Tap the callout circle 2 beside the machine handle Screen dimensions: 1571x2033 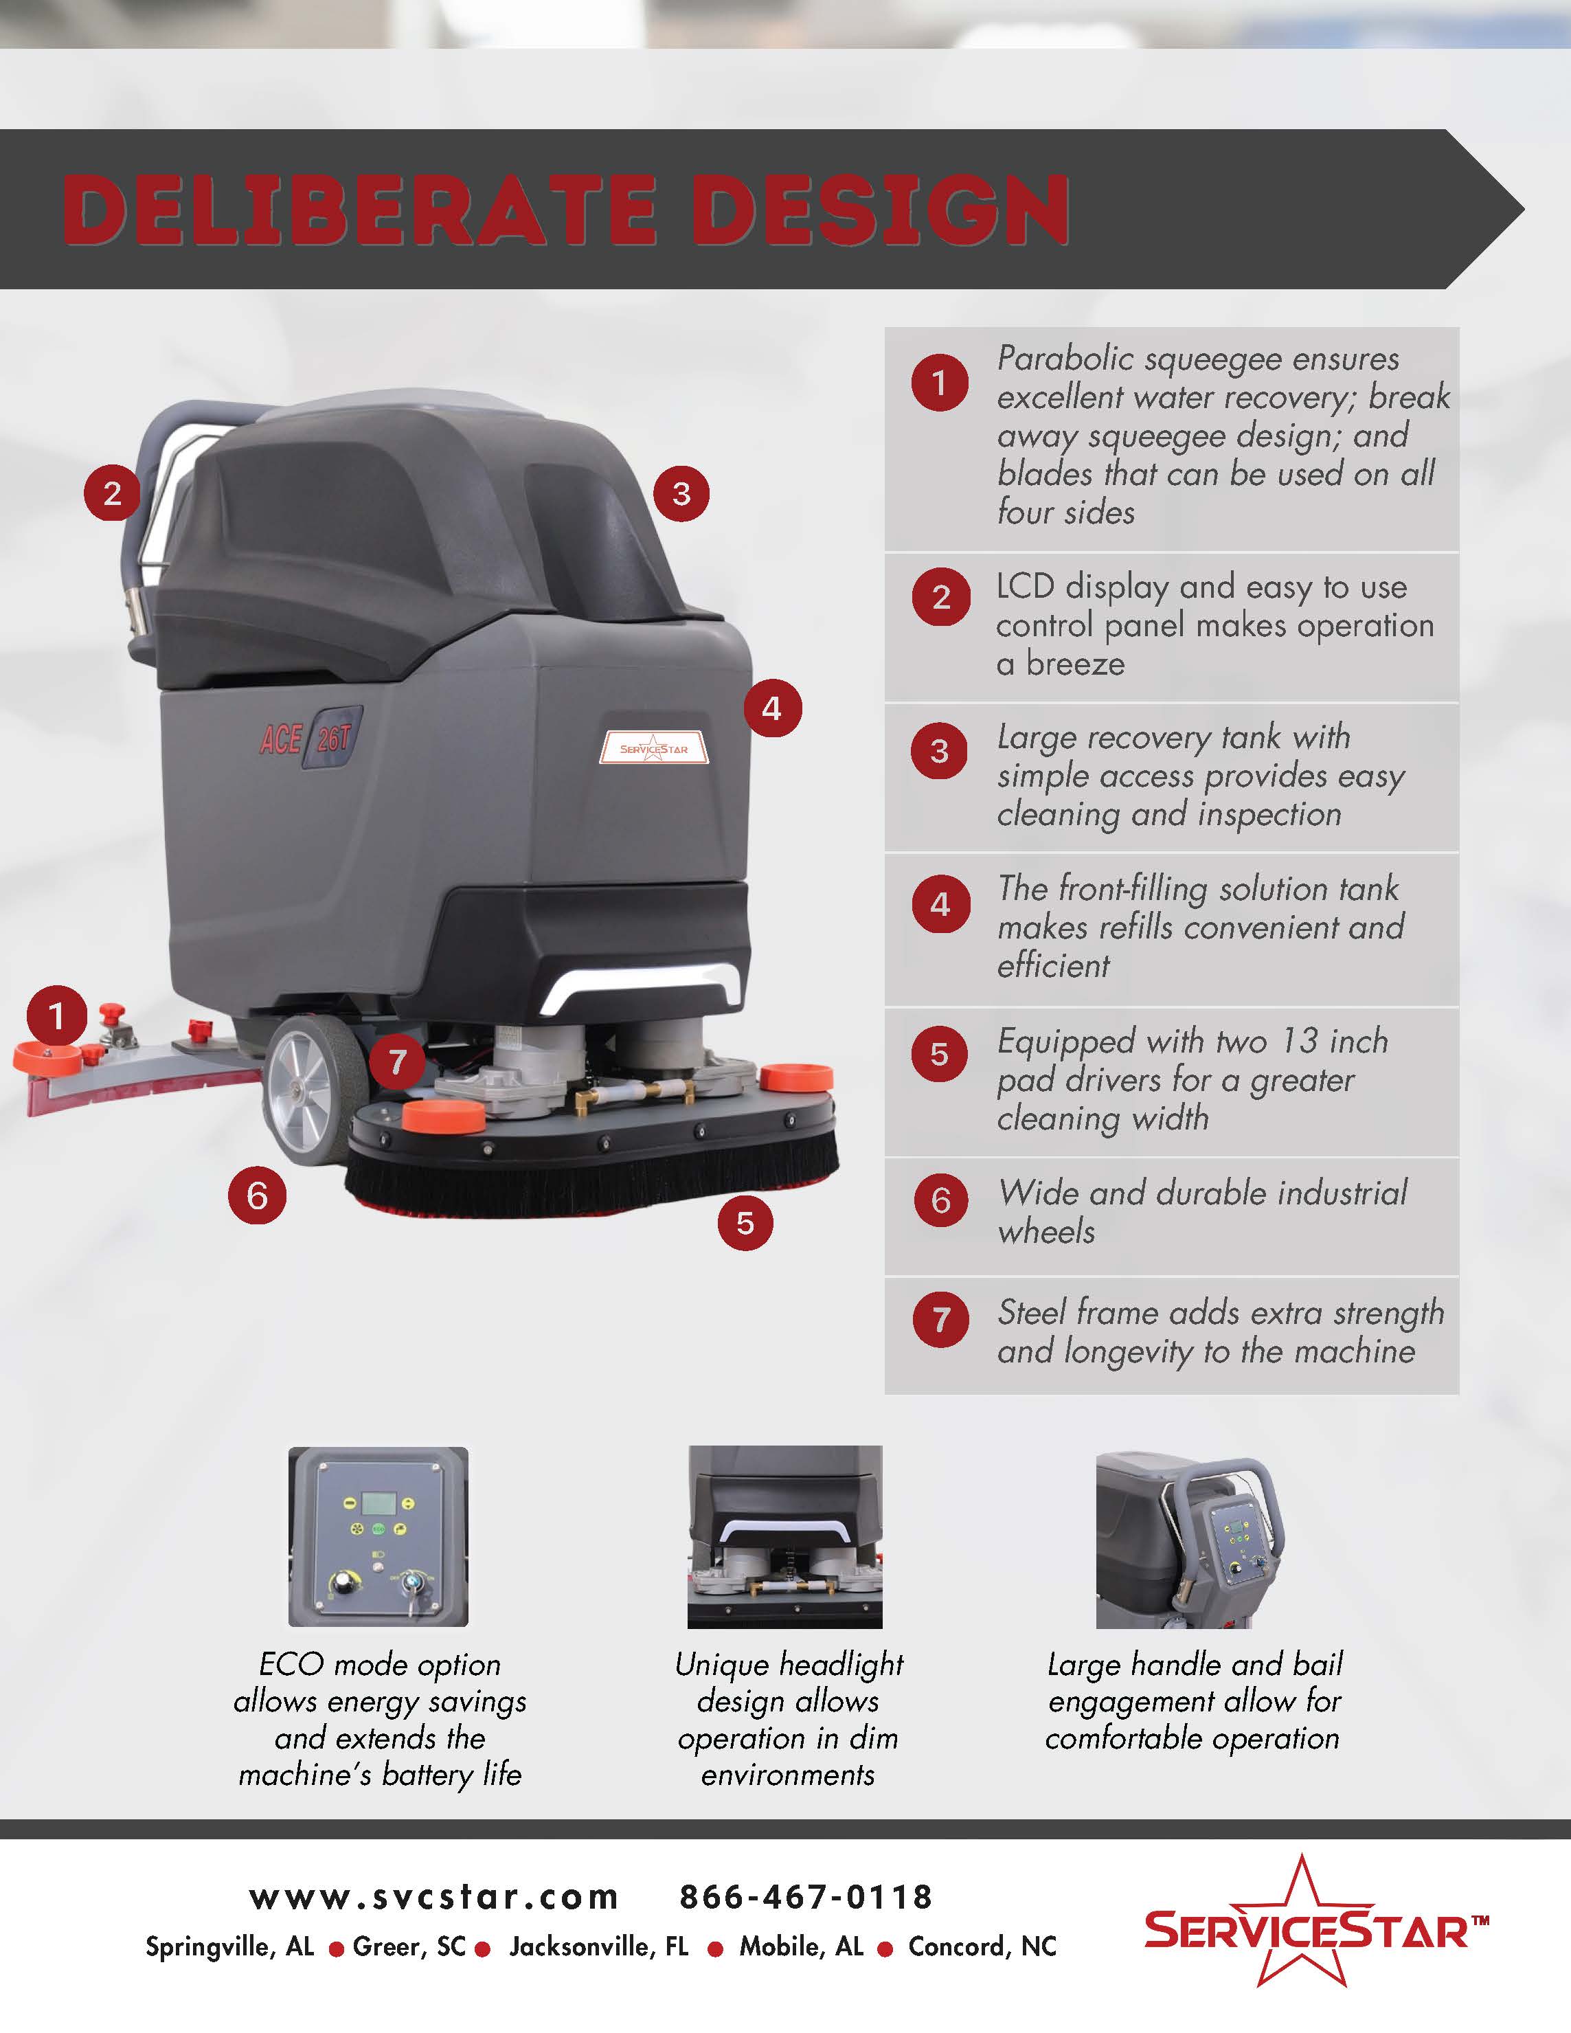[112, 493]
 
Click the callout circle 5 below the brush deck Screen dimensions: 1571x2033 [745, 1222]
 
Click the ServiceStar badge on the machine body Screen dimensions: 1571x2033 [653, 748]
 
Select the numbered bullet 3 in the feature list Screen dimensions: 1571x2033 [940, 750]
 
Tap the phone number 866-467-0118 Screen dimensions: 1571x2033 [806, 1896]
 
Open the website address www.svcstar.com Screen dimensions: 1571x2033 [433, 1896]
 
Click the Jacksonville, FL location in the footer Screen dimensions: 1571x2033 [598, 1946]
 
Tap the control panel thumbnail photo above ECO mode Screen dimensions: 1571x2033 [378, 1537]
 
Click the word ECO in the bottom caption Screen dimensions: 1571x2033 [291, 1664]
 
